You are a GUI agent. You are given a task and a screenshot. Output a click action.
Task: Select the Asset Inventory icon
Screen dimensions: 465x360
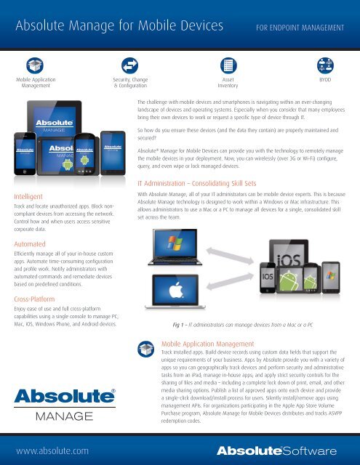[x=227, y=64]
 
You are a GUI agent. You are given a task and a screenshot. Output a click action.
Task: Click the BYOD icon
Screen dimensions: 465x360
[x=324, y=64]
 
